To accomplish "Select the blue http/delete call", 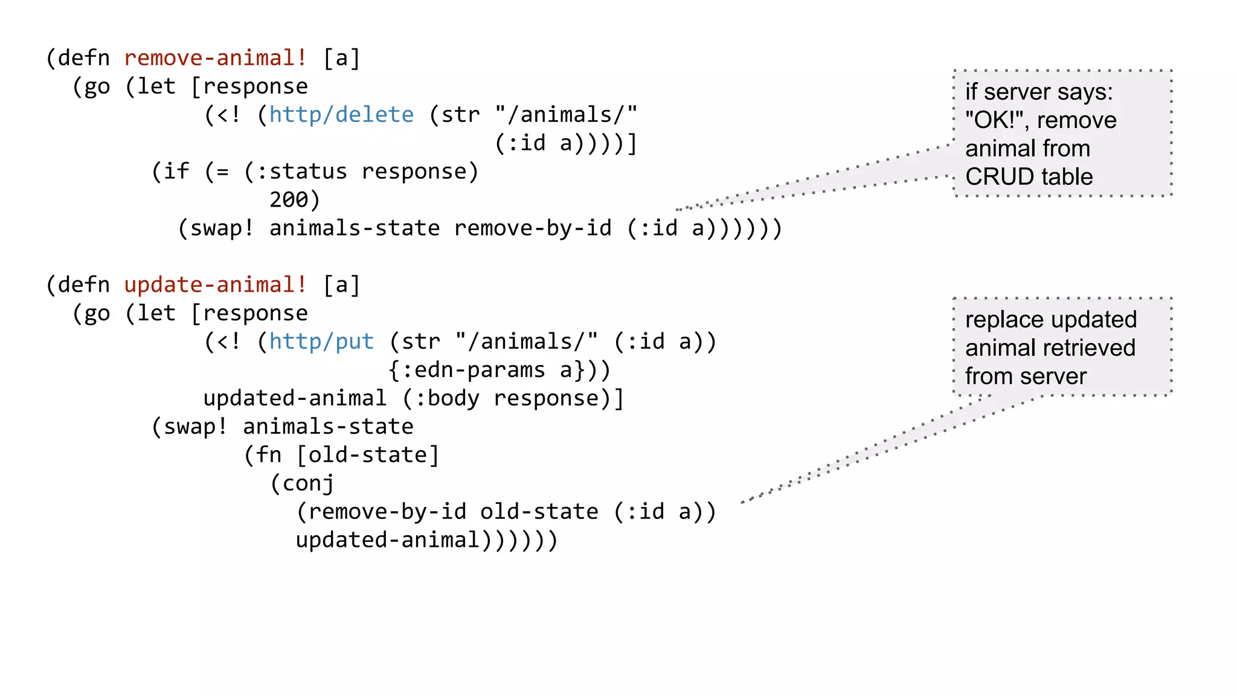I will pyautogui.click(x=341, y=115).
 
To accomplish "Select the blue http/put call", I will pyautogui.click(x=321, y=341).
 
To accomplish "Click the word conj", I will pyautogui.click(x=308, y=483).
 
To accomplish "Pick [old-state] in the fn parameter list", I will pyautogui.click(x=368, y=455).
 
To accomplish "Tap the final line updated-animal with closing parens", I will pyautogui.click(x=426, y=540).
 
